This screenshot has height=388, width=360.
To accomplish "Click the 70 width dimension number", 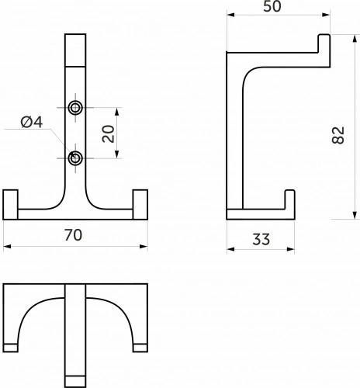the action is (x=73, y=235).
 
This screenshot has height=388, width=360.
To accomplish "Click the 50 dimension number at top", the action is (x=272, y=6).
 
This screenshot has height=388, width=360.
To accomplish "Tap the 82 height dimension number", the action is (x=338, y=135).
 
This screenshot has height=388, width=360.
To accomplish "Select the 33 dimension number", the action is (x=261, y=239).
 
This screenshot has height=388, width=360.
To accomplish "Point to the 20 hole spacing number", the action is (x=109, y=133).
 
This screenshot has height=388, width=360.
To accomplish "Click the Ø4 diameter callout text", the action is (x=32, y=122).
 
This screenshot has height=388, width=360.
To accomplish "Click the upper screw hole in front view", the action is (x=75, y=108).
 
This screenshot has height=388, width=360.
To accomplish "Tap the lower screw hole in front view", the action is (x=75, y=158).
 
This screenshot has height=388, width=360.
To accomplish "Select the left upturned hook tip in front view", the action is (x=10, y=205).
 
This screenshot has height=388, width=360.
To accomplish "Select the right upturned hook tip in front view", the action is (x=140, y=205).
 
